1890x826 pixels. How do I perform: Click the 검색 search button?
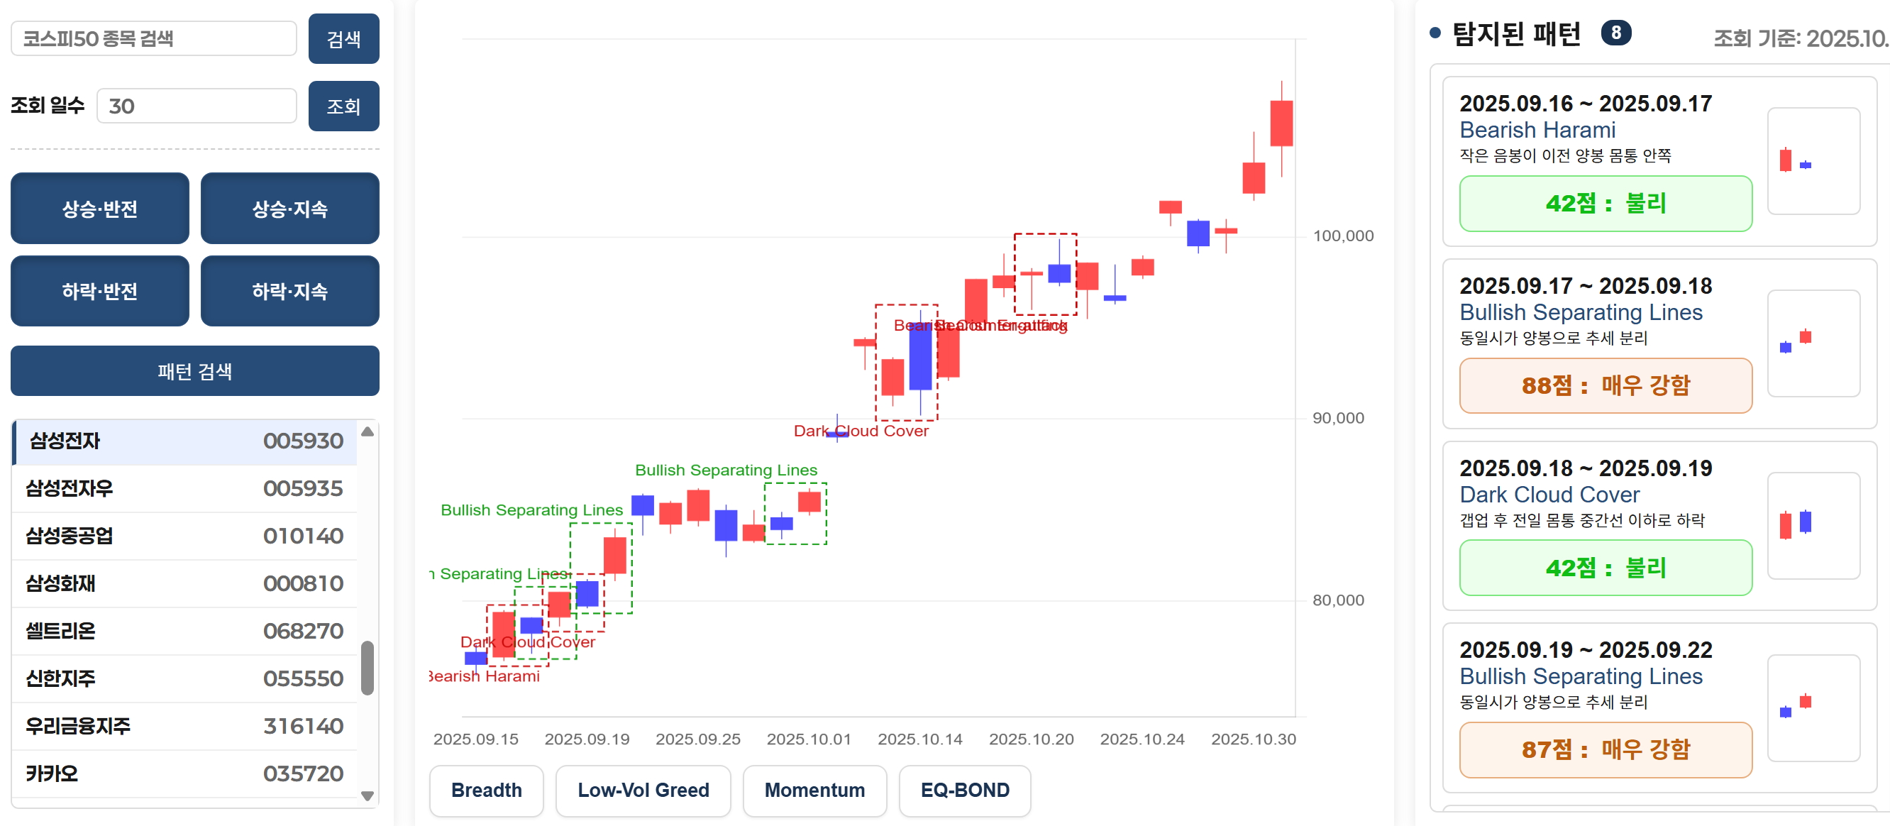coord(343,39)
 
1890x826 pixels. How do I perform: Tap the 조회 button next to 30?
coord(343,106)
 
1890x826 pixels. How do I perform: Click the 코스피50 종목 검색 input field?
coord(153,39)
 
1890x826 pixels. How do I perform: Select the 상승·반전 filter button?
coord(100,209)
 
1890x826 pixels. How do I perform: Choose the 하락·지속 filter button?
coord(289,291)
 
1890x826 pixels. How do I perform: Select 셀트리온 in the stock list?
coord(61,631)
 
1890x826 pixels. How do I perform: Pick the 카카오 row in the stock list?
coord(51,773)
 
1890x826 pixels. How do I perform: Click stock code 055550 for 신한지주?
coord(302,678)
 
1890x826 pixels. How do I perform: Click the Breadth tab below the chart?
coord(487,790)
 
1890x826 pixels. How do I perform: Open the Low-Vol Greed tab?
coord(643,790)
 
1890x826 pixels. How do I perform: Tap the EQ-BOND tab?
coord(964,790)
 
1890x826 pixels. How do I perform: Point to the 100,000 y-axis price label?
coord(1343,236)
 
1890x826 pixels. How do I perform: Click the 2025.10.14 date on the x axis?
coord(919,739)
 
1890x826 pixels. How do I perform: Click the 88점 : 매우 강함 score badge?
coord(1606,385)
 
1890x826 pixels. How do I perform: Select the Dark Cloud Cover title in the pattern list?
coord(1549,495)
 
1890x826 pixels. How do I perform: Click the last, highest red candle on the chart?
coord(1281,123)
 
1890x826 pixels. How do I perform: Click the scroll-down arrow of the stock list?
coord(367,795)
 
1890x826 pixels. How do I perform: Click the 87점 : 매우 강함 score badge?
coord(1606,749)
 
